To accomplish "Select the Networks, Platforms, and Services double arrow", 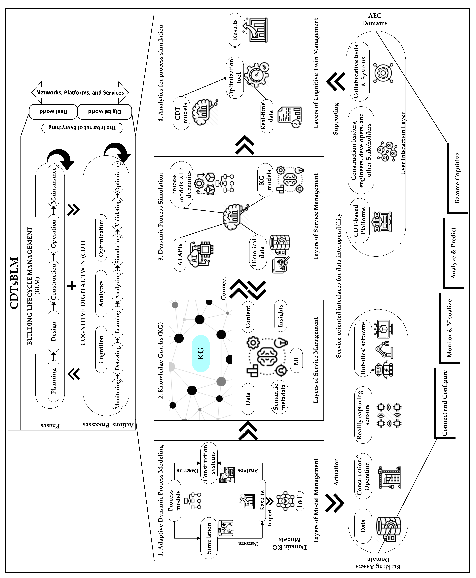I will pos(80,93).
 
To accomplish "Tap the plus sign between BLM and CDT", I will pos(72,286).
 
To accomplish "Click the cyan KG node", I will pos(201,353).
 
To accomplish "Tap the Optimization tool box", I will pos(235,78).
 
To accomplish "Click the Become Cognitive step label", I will pos(457,178).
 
